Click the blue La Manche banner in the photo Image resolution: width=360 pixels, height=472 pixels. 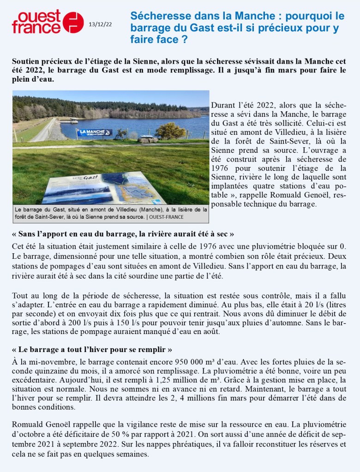point(94,132)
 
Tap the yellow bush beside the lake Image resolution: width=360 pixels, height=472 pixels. point(170,130)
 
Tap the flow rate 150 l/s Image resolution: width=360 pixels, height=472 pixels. point(148,323)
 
